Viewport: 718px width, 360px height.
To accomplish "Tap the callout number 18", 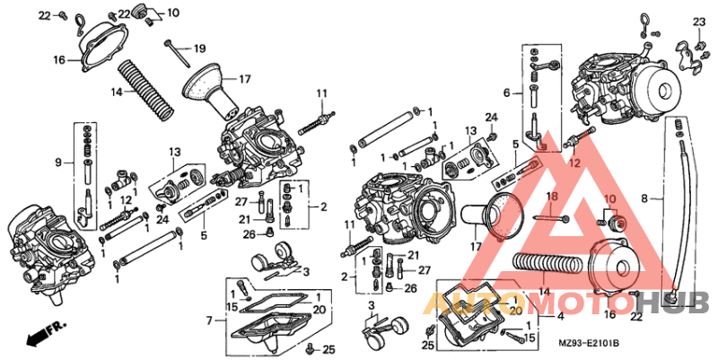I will [x=551, y=196].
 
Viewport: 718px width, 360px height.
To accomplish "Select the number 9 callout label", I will [x=58, y=162].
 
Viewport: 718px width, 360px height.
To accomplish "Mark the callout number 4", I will [x=561, y=315].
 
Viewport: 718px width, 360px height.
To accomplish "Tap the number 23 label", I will [x=699, y=22].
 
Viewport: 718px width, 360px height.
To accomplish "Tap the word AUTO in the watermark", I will [x=458, y=303].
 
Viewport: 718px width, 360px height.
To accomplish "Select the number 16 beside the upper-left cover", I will [x=59, y=60].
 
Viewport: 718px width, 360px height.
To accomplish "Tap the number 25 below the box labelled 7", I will [x=328, y=349].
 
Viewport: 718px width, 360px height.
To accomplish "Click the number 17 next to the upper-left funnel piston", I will [x=244, y=78].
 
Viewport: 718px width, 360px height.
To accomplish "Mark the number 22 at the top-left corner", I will [x=45, y=15].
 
